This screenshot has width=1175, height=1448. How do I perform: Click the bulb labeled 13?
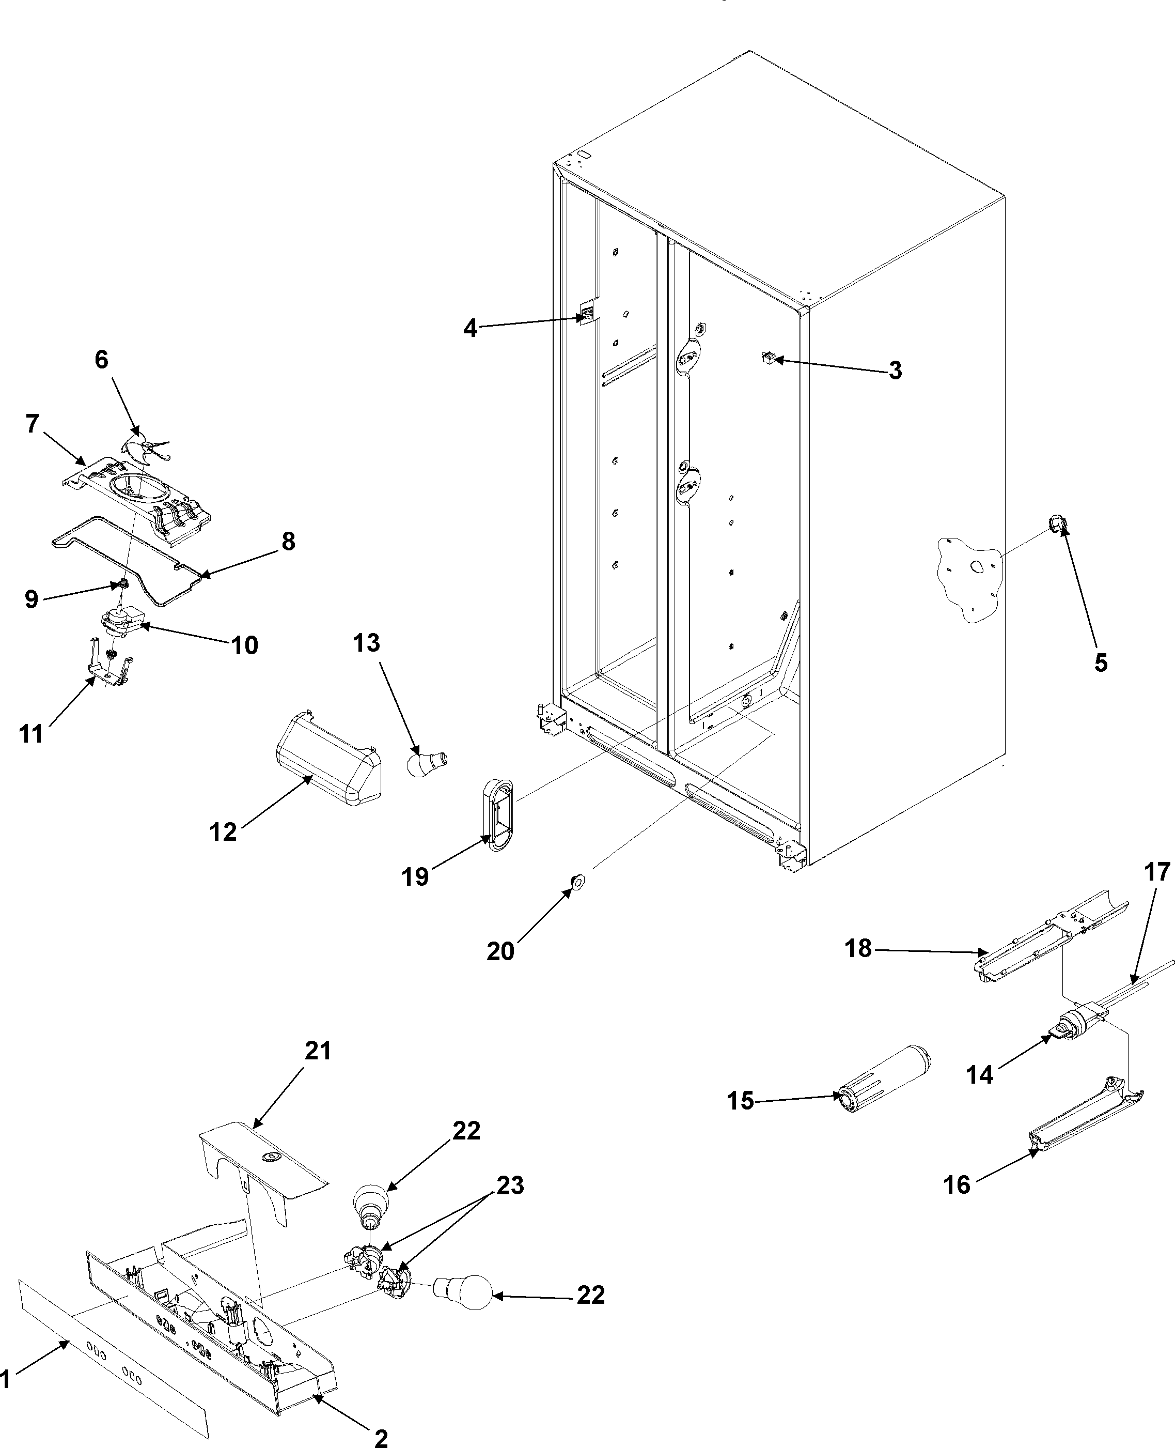point(427,762)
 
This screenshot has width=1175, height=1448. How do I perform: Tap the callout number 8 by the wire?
point(288,542)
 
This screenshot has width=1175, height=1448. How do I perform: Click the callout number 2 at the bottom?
point(381,1435)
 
